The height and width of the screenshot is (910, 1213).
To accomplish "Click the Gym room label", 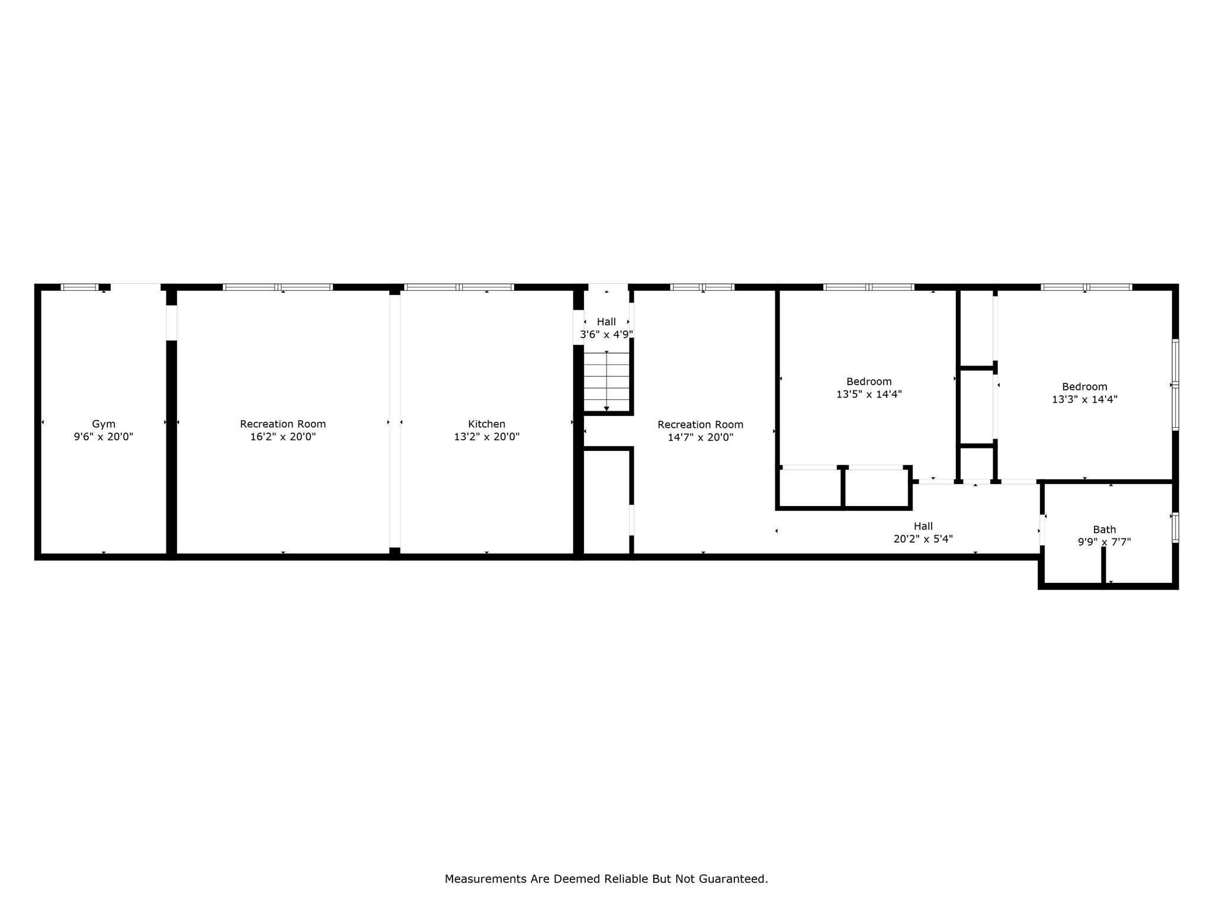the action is tap(104, 424).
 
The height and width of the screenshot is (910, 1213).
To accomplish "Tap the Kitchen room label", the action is tap(487, 424).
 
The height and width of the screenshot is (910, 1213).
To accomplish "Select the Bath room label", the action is tap(1105, 530).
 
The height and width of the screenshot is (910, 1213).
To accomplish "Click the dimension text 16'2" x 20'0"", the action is tap(283, 437).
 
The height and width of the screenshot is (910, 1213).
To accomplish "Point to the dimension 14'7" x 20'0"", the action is tap(701, 438).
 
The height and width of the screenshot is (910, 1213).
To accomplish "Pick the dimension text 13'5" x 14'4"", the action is tap(869, 395).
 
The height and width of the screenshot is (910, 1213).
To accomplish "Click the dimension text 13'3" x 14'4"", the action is tap(1084, 400).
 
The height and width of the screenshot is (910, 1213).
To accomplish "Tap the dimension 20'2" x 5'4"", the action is tap(923, 539).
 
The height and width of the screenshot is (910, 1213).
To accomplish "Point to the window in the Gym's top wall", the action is tap(80, 287).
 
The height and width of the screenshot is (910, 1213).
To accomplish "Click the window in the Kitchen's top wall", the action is tap(459, 287).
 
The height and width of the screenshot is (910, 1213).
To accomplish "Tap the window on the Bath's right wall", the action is tap(1176, 527).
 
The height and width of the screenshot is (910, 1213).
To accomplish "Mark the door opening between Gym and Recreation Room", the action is tap(171, 323).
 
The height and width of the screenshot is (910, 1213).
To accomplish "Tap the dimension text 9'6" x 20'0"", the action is tap(104, 437).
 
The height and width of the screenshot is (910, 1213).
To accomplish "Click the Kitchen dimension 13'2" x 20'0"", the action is tap(487, 437).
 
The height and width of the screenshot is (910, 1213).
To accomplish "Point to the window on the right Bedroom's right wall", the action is tap(1176, 385).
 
